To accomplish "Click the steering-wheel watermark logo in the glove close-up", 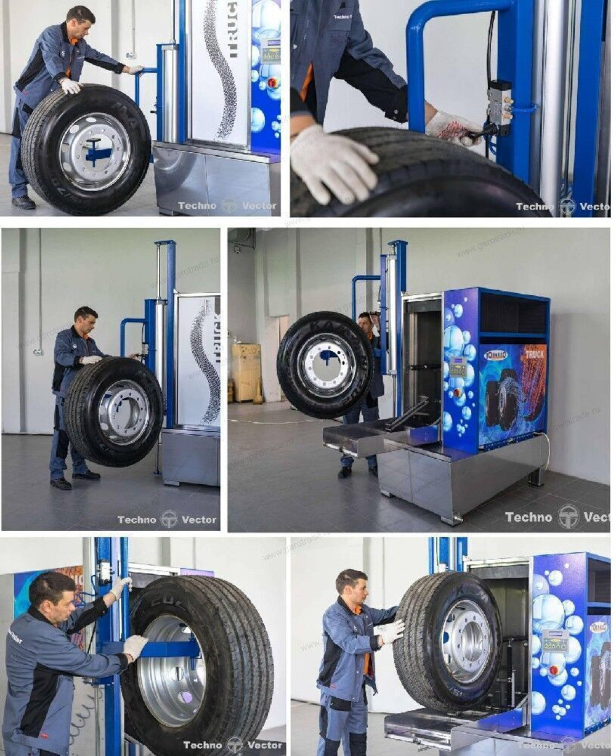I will coord(567,206).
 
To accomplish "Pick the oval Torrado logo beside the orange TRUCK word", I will coord(495,356).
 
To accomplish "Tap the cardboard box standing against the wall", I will coord(246,372).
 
